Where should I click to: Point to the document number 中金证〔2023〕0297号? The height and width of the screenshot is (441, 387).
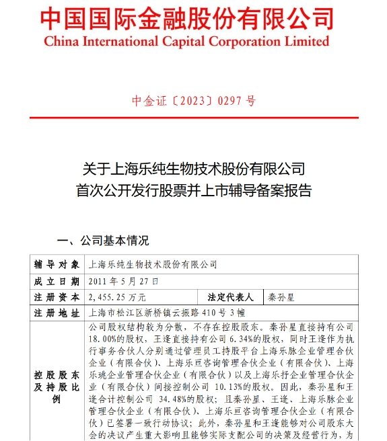coord(193,101)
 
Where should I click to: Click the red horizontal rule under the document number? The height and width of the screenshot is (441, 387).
coord(193,118)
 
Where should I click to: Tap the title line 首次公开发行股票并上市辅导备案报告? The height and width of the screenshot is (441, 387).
coord(193,190)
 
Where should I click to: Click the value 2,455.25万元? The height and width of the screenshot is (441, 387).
coord(118,296)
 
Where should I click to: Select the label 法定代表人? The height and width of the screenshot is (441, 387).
coord(230,296)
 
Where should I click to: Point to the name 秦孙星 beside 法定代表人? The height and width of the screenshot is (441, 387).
coord(282,296)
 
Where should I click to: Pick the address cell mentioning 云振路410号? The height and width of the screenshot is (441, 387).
coord(161,313)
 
